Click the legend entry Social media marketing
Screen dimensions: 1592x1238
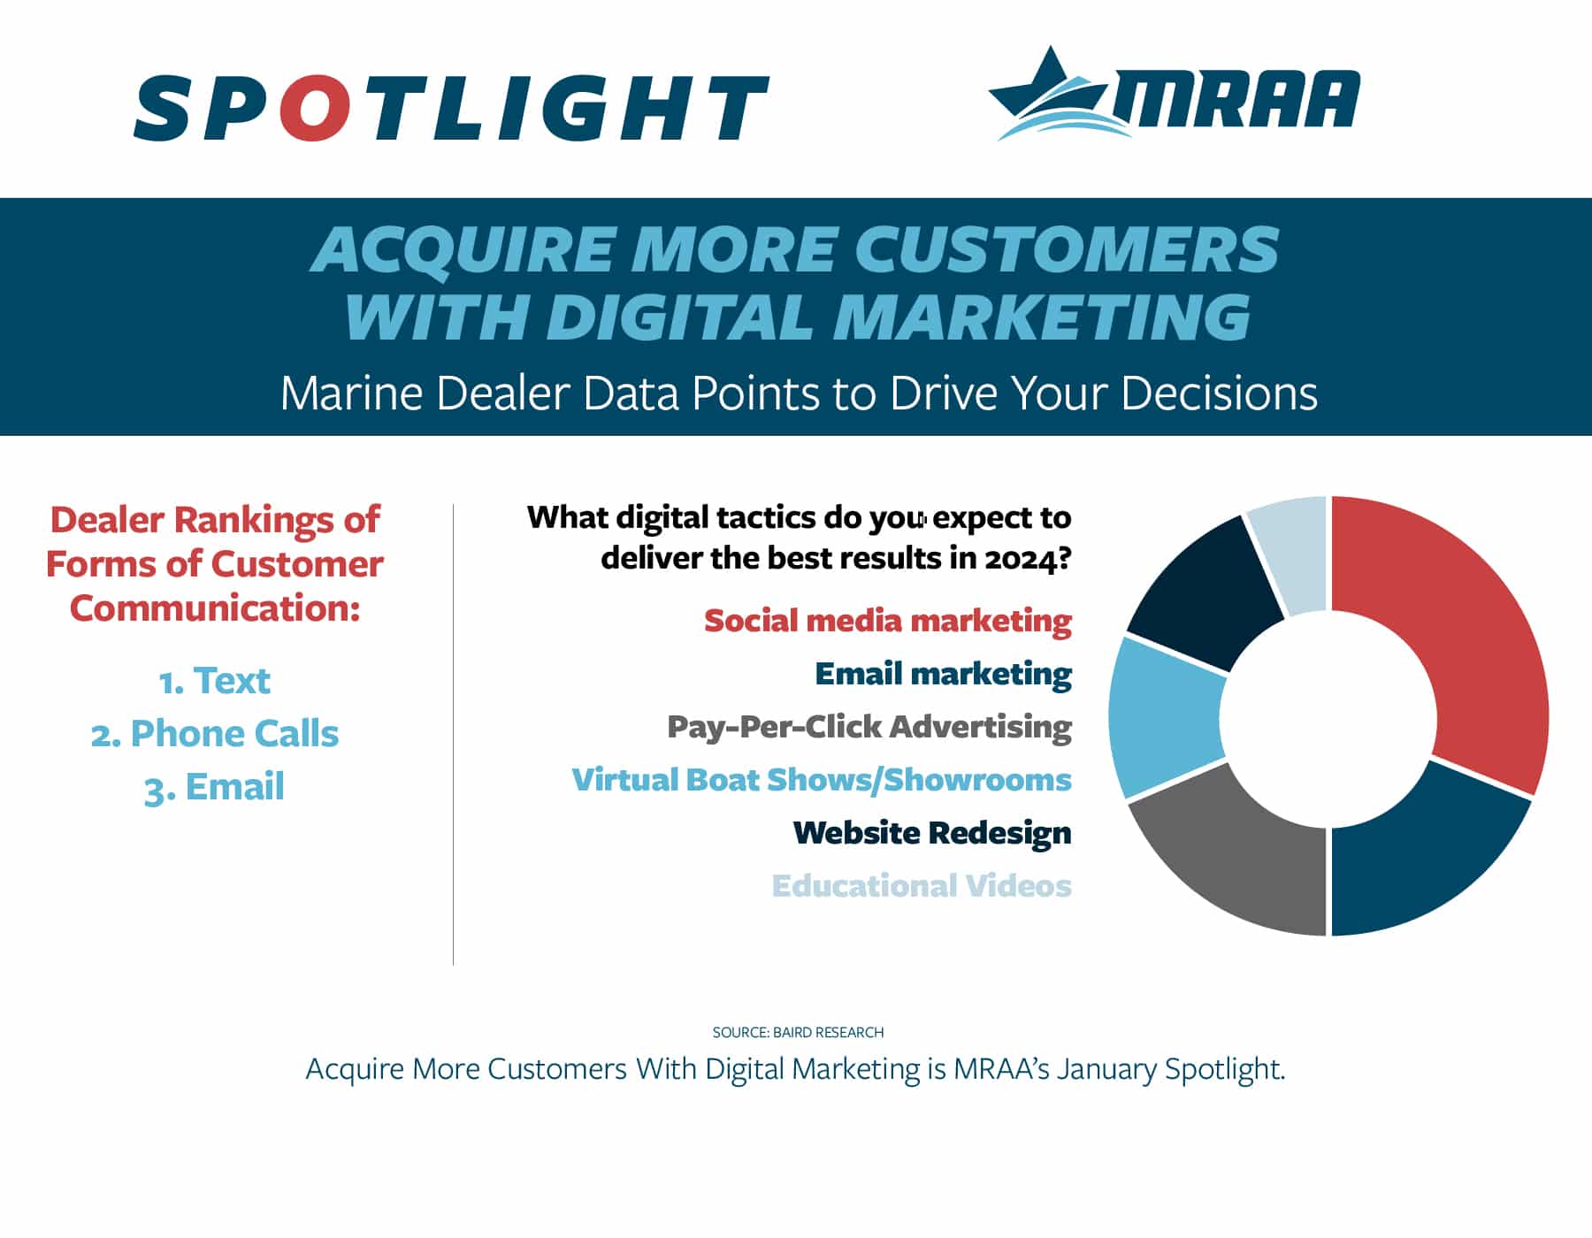[888, 621]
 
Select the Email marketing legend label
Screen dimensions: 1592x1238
[943, 674]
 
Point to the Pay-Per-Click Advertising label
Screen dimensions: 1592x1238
[869, 727]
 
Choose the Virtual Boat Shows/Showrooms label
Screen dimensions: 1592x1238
[822, 780]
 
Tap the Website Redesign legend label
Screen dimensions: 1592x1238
[932, 833]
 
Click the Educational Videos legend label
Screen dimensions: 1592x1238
[922, 886]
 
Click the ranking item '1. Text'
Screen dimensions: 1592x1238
[214, 681]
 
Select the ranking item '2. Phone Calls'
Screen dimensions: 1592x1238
[215, 734]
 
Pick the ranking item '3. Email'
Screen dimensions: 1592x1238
[214, 787]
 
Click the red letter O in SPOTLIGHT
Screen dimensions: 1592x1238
[313, 108]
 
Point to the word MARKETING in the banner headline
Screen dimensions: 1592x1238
[1041, 316]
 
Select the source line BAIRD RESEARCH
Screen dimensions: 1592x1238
[798, 1032]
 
